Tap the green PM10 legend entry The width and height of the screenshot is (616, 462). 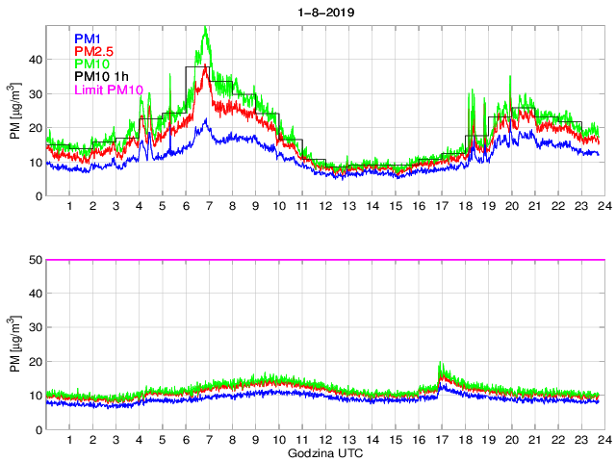click(x=93, y=64)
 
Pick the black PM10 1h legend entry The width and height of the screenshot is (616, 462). click(x=102, y=77)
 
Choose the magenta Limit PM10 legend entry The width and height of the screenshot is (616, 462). click(x=109, y=90)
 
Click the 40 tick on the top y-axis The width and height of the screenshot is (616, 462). click(x=36, y=60)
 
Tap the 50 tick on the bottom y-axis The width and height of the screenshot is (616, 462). click(x=36, y=260)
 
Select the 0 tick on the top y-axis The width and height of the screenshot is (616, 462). click(x=38, y=196)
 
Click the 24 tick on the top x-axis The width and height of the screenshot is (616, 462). click(x=601, y=207)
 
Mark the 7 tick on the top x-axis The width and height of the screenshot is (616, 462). click(x=208, y=207)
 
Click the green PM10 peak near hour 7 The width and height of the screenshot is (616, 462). click(x=206, y=29)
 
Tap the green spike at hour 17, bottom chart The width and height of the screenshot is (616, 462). click(x=440, y=364)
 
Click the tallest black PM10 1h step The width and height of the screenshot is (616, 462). click(x=197, y=67)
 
